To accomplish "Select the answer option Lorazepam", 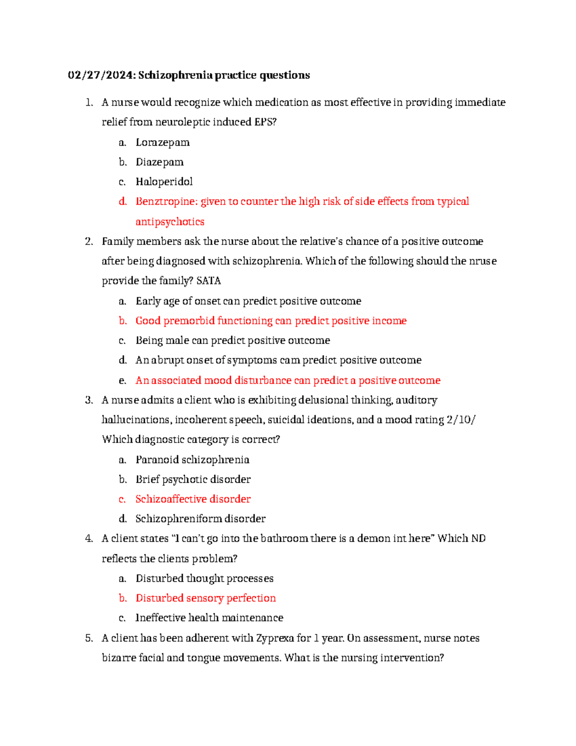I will tap(162, 143).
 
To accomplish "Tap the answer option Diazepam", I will tap(159, 162).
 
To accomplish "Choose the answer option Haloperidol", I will tap(164, 182).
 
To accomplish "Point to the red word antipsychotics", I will tap(170, 222).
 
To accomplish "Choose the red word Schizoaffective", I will tap(171, 499).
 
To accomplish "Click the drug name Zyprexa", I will tap(275, 638).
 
